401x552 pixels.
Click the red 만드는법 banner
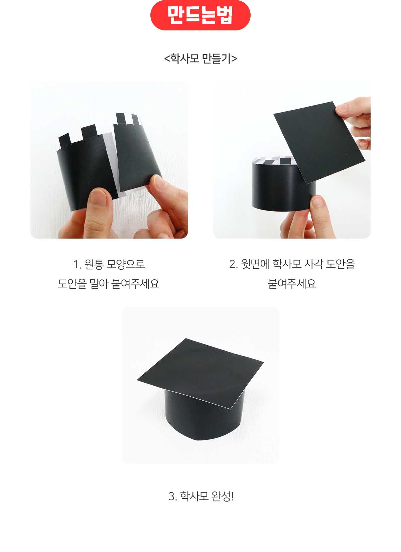tap(200, 15)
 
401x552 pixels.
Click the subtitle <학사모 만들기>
tap(200, 58)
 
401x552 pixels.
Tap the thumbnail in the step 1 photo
tap(99, 197)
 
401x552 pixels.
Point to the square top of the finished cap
tap(200, 373)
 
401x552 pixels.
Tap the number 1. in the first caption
tap(78, 264)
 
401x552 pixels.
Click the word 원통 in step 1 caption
tap(94, 264)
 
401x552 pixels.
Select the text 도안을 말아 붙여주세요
tap(109, 284)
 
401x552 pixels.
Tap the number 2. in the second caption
tap(233, 264)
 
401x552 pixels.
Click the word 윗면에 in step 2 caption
tap(255, 264)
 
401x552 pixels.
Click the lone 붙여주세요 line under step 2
tap(292, 284)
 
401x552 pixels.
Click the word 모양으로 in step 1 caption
tap(125, 264)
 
